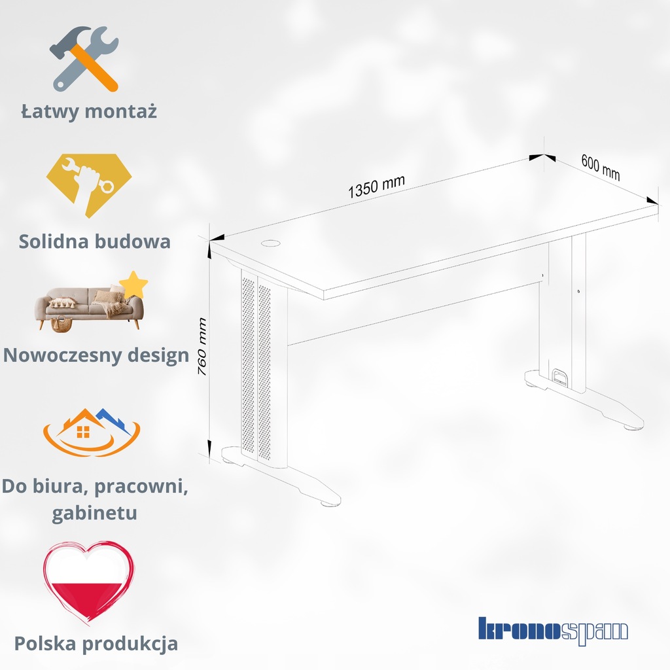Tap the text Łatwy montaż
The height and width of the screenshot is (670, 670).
click(x=89, y=111)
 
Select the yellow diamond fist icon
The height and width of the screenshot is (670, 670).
click(x=88, y=185)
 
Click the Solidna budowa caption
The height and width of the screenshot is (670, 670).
click(x=95, y=241)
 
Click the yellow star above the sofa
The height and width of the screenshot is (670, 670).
click(x=134, y=284)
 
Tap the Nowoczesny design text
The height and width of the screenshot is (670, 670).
click(x=96, y=355)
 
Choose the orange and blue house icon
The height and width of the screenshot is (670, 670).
click(x=92, y=432)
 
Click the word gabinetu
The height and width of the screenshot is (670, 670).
click(x=95, y=512)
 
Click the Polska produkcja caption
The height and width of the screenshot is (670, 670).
click(x=96, y=643)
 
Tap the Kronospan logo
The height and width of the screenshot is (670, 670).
click(x=553, y=630)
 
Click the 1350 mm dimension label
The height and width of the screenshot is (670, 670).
click(x=376, y=186)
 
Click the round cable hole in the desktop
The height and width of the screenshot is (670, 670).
click(x=270, y=243)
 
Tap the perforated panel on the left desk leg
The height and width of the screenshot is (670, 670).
click(x=256, y=366)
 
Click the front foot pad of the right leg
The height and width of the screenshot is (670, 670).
click(x=631, y=428)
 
